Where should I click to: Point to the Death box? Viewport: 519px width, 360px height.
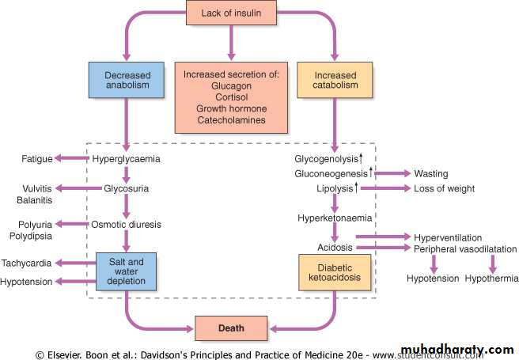click(x=230, y=327)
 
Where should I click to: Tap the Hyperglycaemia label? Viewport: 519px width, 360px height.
click(x=127, y=159)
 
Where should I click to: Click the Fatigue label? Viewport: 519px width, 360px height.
click(x=36, y=159)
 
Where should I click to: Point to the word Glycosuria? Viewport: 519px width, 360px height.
click(x=127, y=188)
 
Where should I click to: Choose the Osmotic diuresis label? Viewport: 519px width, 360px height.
click(x=127, y=225)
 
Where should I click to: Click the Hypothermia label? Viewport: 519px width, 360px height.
click(x=491, y=278)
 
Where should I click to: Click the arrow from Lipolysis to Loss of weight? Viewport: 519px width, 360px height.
click(x=387, y=188)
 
